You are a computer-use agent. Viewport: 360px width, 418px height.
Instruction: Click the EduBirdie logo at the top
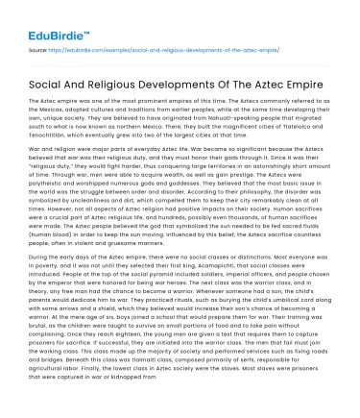tap(43, 18)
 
